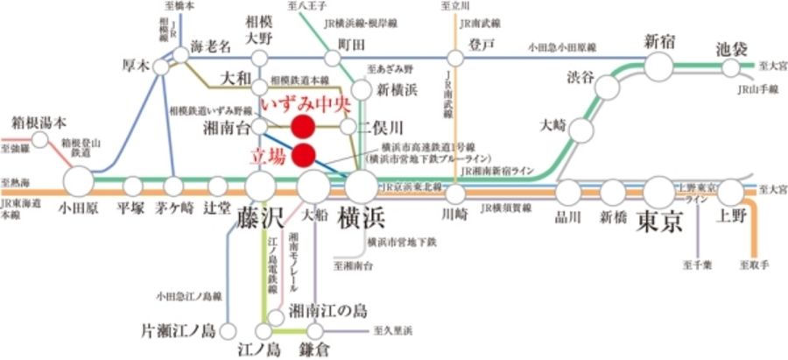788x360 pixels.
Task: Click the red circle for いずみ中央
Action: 303,127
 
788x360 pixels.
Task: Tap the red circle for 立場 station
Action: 303,156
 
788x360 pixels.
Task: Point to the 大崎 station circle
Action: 579,130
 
